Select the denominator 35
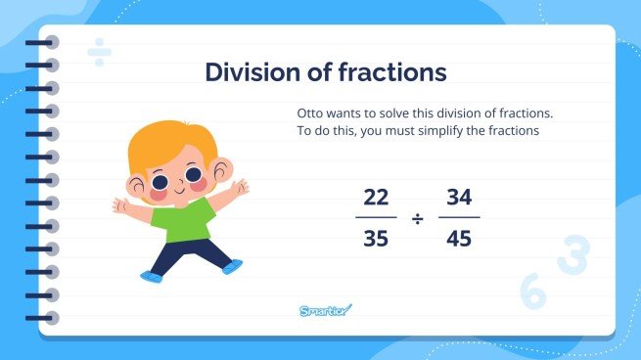[x=376, y=239]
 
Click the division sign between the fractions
[x=418, y=218]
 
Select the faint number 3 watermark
[x=572, y=254]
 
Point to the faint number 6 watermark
[x=533, y=292]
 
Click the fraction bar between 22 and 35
[x=376, y=218]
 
